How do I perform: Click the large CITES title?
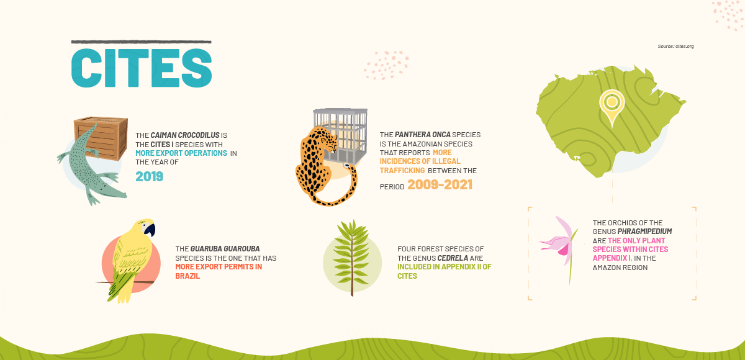(142, 68)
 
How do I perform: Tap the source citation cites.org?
(675, 46)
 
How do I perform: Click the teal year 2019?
(150, 176)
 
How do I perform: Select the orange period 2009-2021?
(440, 184)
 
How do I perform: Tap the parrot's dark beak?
(150, 230)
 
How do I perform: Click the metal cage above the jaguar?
(341, 133)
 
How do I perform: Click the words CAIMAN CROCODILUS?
(185, 135)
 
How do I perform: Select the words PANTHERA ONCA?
(422, 135)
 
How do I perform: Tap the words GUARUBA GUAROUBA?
(225, 249)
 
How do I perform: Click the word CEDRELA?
(453, 258)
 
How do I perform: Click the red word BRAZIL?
(187, 276)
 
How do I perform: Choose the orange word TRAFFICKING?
(402, 171)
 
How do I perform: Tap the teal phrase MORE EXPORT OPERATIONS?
(181, 153)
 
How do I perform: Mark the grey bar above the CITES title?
(141, 42)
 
